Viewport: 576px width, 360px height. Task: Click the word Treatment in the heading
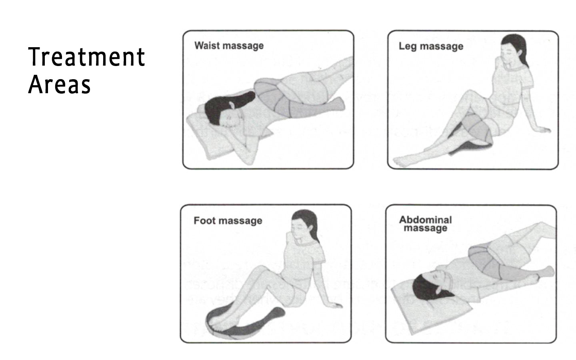(86, 57)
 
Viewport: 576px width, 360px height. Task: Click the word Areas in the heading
(60, 84)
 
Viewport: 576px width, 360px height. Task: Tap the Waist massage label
(229, 46)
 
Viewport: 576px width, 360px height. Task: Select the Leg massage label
(431, 46)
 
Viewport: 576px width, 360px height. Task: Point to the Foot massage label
(228, 220)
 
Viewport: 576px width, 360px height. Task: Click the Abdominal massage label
(425, 224)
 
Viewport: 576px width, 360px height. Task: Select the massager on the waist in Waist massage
(276, 96)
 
